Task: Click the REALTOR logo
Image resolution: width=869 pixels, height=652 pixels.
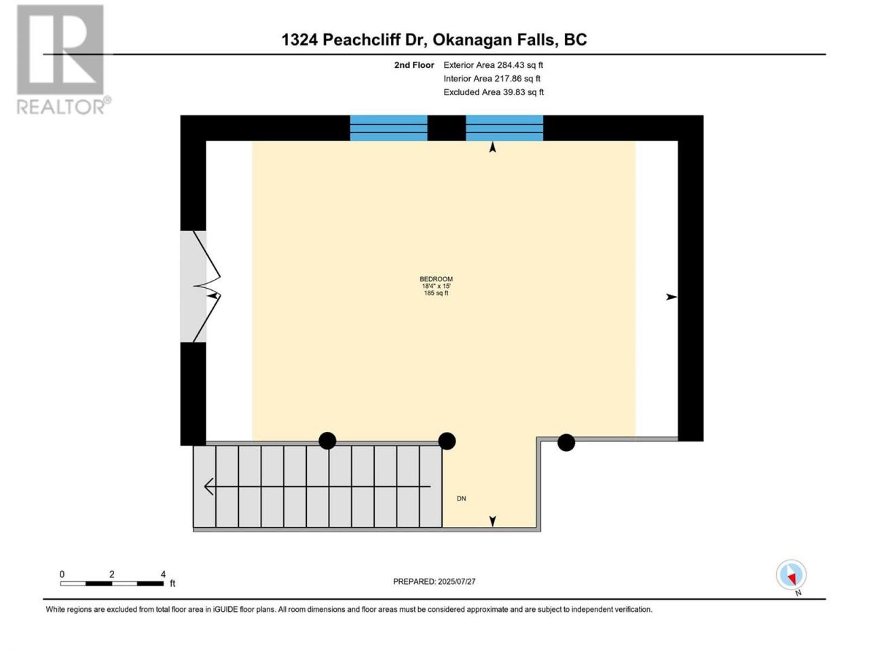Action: [x=63, y=60]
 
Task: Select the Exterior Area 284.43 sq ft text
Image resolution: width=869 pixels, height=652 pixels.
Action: [x=494, y=65]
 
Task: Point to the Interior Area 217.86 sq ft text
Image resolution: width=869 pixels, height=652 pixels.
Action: [x=492, y=79]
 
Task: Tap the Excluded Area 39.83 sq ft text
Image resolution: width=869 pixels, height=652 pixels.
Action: [x=494, y=92]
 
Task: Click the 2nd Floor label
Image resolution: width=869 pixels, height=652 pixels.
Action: [x=414, y=65]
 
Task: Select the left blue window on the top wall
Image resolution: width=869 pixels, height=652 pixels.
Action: [x=388, y=128]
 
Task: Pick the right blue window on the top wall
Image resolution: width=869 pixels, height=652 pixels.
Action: [x=504, y=128]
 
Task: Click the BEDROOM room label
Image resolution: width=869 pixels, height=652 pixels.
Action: [x=436, y=279]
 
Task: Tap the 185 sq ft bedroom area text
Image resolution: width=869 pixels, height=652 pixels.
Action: [x=436, y=293]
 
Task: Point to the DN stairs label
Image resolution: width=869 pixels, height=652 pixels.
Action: [x=461, y=499]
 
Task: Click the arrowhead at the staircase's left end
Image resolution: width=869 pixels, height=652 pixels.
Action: [x=209, y=486]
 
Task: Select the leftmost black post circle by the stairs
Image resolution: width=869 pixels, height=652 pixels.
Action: [x=327, y=441]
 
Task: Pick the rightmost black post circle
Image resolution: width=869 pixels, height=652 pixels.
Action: [x=566, y=443]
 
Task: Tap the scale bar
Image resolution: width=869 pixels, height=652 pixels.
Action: [x=112, y=583]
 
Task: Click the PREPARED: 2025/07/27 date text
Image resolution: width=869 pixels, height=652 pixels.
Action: [x=434, y=581]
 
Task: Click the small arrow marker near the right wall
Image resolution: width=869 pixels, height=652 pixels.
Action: [x=671, y=297]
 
